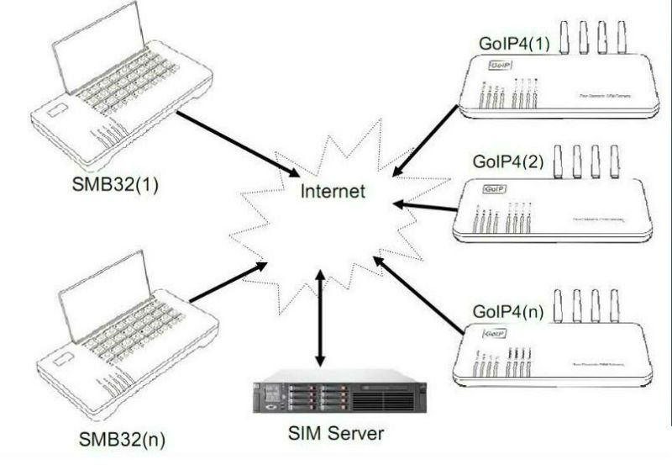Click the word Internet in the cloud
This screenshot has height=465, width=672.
pyautogui.click(x=334, y=192)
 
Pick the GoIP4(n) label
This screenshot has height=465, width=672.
pyautogui.click(x=509, y=313)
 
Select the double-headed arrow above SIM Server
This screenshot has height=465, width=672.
pyautogui.click(x=319, y=318)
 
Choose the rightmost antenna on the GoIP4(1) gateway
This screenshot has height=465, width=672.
pyautogui.click(x=622, y=35)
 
